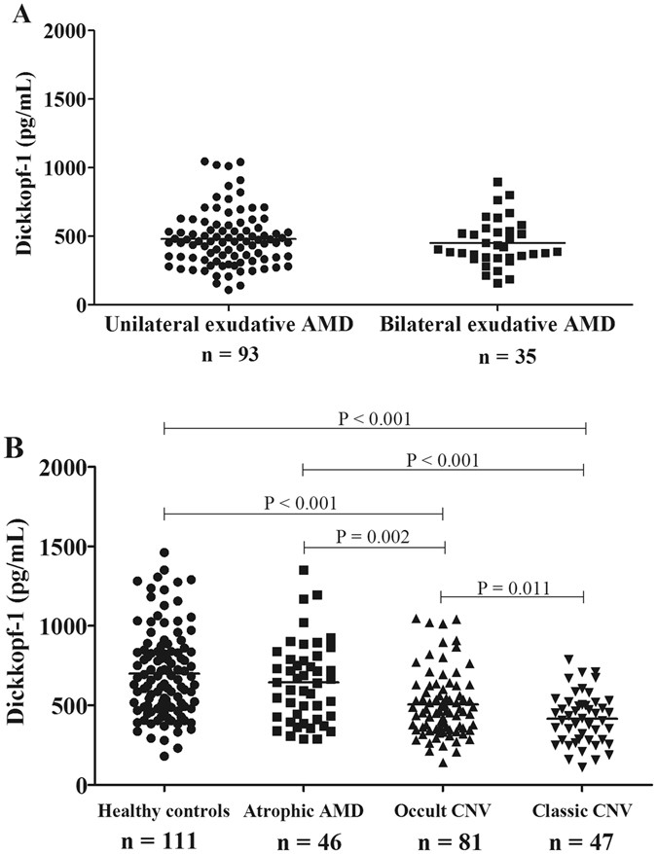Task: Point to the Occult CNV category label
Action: (x=444, y=810)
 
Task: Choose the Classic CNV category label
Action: (x=583, y=810)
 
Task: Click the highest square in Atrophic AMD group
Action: (x=304, y=570)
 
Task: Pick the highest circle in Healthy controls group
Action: (x=164, y=552)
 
